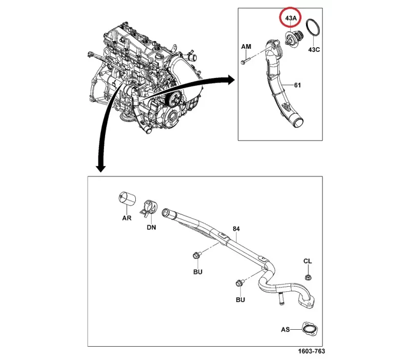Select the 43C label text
tap(315, 50)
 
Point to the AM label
tap(247, 47)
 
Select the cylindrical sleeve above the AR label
tap(126, 198)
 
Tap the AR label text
tap(126, 218)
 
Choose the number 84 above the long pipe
tap(236, 228)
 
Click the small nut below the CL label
tap(308, 277)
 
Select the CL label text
tap(307, 262)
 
